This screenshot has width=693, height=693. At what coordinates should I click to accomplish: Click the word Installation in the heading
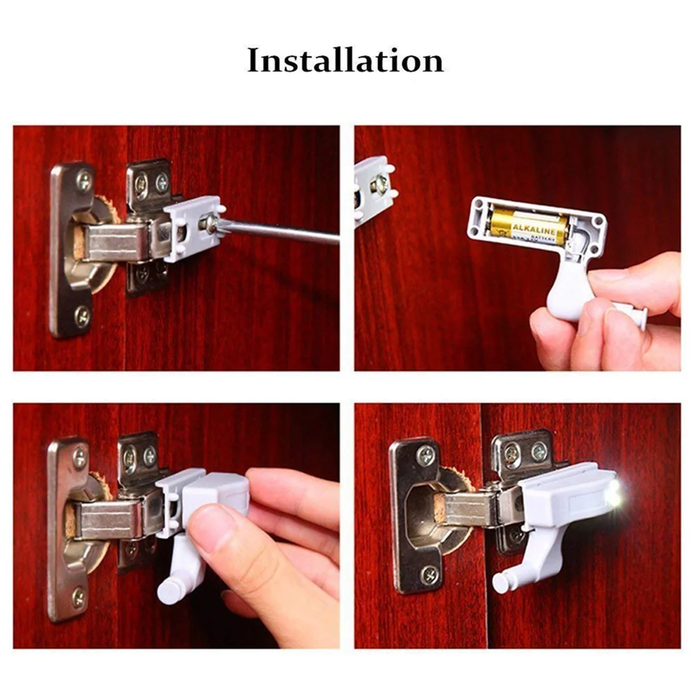(345, 61)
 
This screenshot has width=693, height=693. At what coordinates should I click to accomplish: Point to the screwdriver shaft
(283, 233)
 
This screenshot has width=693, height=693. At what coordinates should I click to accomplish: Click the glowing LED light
(614, 495)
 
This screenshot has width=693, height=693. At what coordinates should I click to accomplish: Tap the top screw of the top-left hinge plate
(84, 180)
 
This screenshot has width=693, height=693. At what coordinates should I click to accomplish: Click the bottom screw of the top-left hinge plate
(83, 315)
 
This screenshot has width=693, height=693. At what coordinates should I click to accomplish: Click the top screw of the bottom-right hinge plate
(427, 454)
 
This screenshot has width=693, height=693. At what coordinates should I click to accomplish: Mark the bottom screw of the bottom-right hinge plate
(429, 574)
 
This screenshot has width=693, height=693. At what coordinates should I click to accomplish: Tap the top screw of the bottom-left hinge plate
(80, 458)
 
